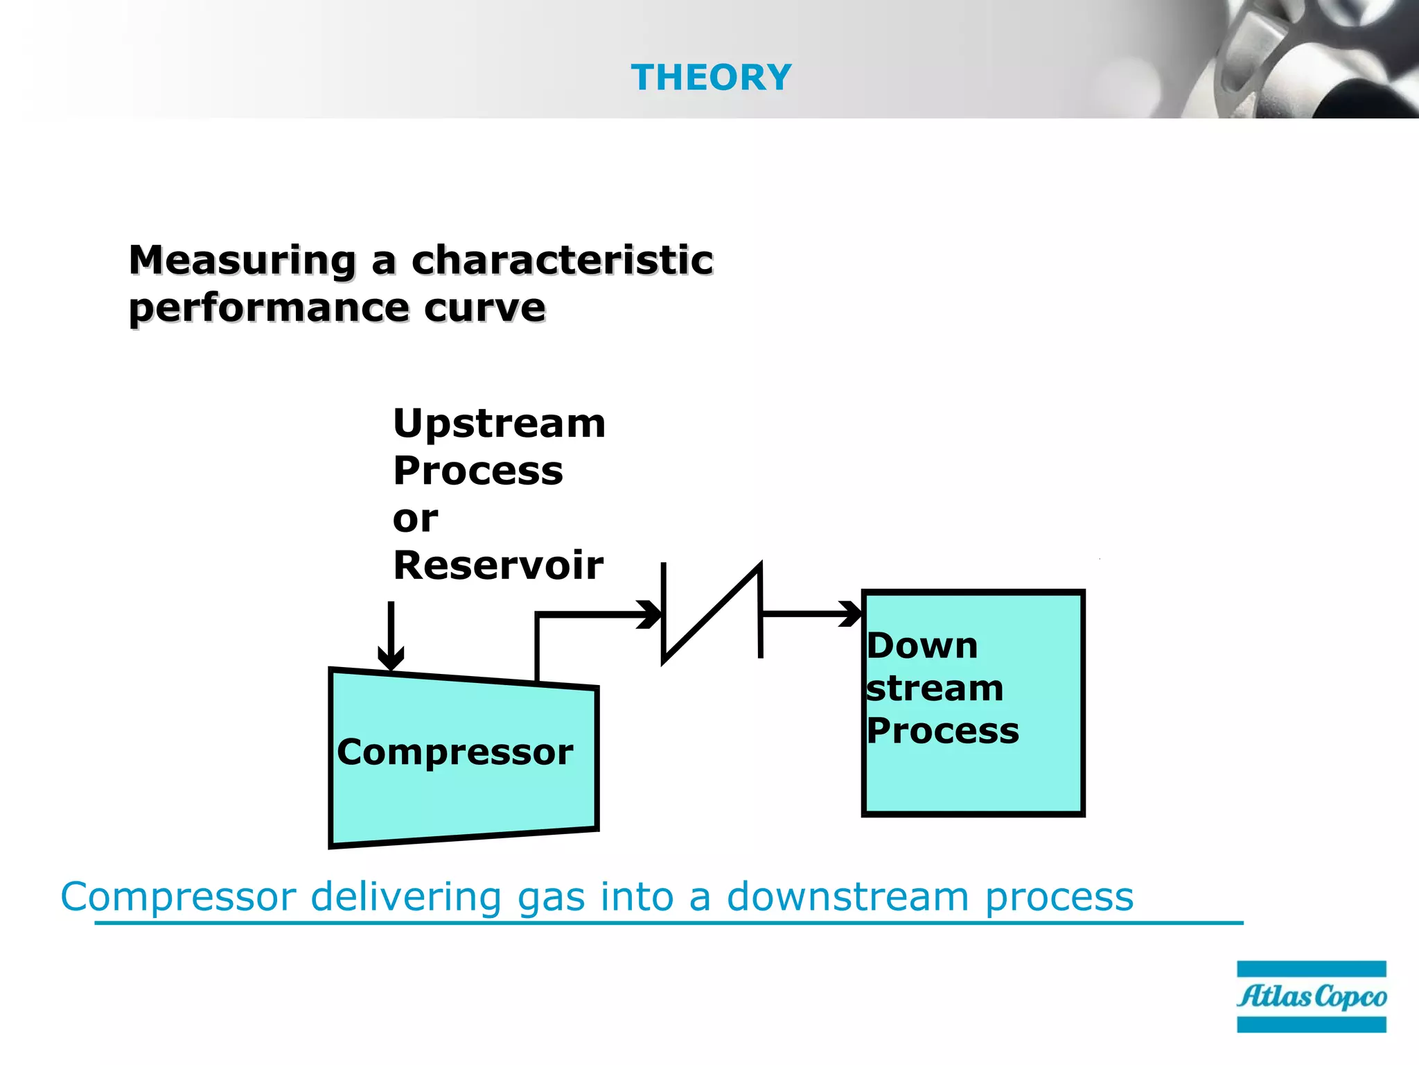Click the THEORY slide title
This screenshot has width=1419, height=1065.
pos(711,77)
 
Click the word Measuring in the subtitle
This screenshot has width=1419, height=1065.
pos(243,261)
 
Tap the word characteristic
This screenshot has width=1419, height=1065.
pos(562,261)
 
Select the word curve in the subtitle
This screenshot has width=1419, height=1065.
pos(484,308)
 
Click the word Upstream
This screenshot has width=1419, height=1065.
pos(499,424)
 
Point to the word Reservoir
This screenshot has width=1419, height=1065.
pos(497,565)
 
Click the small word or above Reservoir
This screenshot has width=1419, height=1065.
pos(415,519)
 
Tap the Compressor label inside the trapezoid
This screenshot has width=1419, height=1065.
pos(455,752)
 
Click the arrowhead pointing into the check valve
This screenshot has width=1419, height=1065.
pos(650,614)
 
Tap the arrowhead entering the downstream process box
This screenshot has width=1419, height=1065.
pos(851,614)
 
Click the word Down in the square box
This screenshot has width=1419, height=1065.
pos(922,646)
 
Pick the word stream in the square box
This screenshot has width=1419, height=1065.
pos(935,689)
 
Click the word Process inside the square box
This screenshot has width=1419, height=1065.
pos(942,731)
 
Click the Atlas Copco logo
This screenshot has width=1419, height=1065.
pos(1311,996)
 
